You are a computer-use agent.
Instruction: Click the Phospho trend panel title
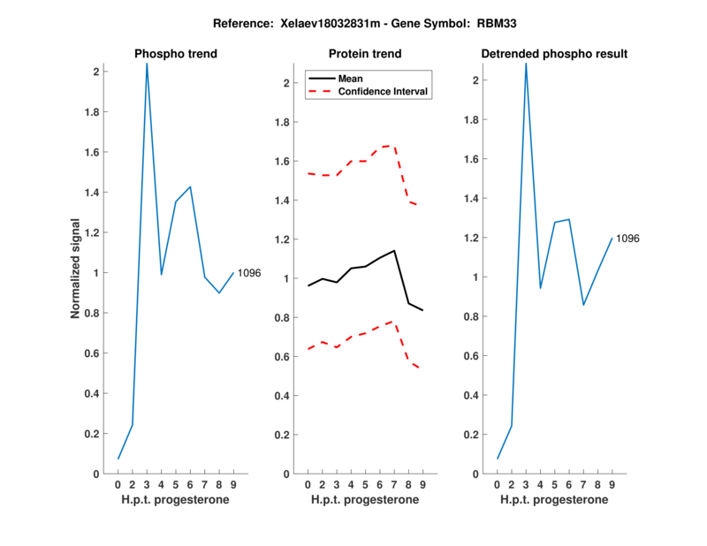176,54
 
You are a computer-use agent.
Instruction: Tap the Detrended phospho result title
554,54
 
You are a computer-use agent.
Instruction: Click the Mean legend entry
351,78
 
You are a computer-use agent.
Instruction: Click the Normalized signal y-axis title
77,269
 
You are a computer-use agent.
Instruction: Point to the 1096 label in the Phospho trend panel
249,273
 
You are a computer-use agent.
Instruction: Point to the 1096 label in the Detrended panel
627,239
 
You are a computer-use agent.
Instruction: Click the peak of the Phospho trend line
147,64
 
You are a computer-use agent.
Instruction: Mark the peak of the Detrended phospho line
526,64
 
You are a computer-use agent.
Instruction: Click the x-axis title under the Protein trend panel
365,500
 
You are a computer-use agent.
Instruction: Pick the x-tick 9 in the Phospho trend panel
233,485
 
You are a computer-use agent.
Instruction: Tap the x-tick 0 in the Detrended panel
497,485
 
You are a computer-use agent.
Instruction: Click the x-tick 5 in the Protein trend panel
365,485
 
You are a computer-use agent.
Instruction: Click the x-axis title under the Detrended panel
554,500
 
